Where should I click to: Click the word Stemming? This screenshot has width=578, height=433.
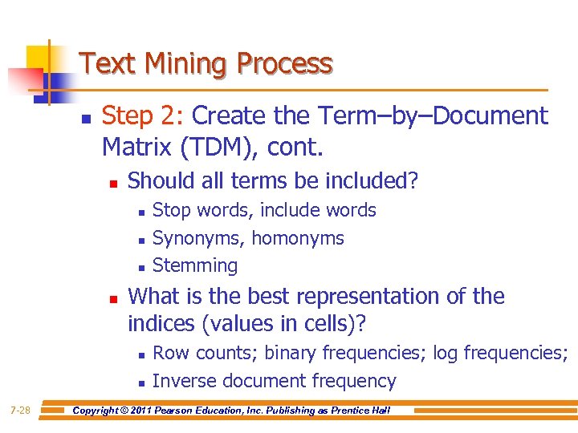pos(195,265)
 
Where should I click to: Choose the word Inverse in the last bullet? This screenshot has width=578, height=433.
pos(184,381)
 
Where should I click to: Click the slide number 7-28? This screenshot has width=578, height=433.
pos(20,411)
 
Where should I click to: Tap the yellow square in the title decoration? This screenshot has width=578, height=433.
pos(39,58)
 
